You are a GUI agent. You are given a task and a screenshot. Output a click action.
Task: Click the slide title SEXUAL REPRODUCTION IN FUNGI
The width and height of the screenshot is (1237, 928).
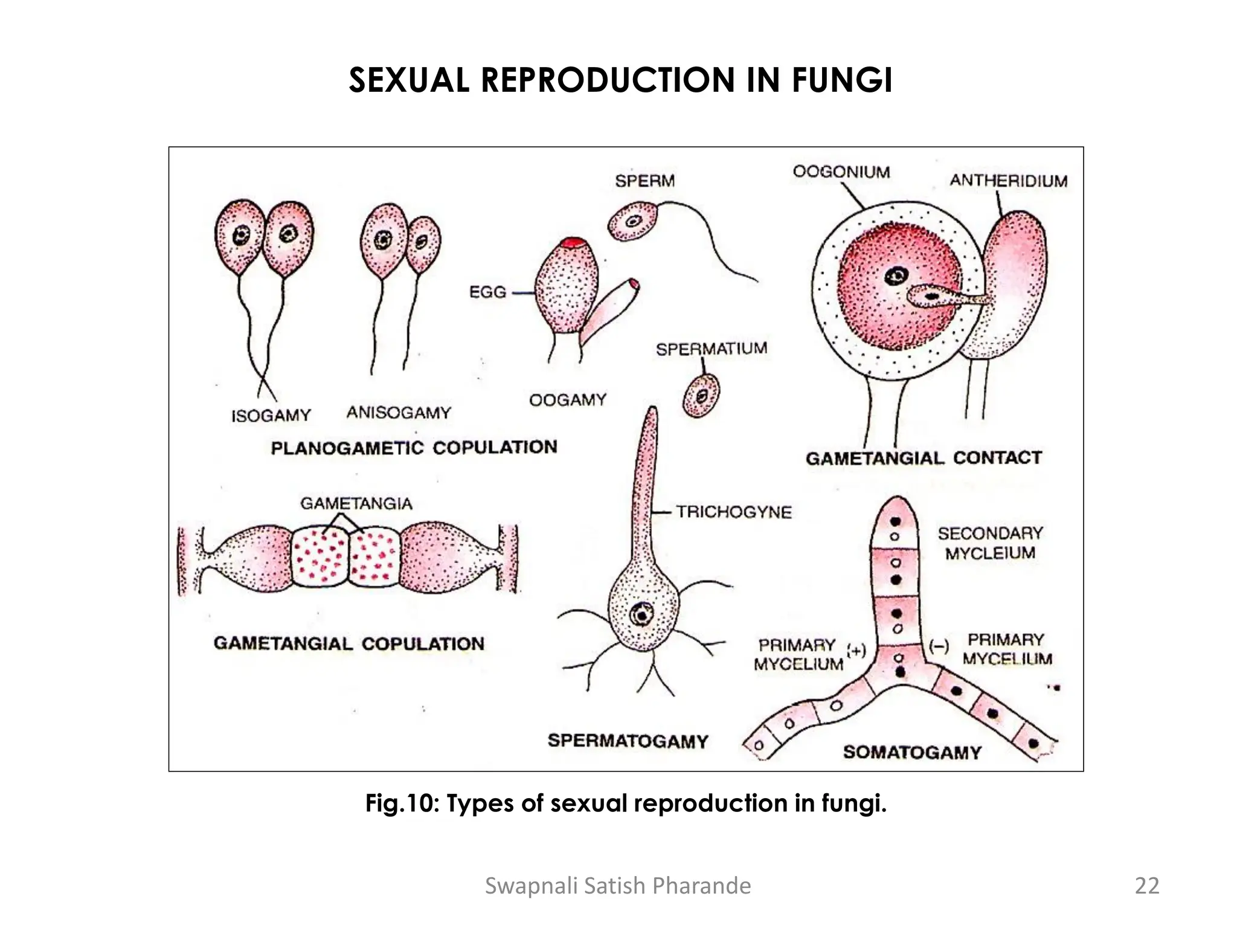(x=620, y=80)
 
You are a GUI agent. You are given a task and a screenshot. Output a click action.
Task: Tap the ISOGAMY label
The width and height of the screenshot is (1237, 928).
(x=271, y=416)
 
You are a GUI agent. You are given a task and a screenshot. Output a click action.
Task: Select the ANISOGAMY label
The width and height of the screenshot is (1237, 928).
(x=399, y=413)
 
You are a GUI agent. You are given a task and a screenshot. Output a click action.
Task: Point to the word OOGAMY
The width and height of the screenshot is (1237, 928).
(x=567, y=400)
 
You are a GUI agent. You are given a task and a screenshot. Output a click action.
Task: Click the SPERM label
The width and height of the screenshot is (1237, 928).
(x=644, y=181)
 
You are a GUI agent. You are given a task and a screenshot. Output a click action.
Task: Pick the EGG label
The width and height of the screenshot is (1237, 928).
(x=487, y=292)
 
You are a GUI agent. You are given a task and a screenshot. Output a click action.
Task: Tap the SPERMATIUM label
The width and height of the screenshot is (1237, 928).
(x=711, y=349)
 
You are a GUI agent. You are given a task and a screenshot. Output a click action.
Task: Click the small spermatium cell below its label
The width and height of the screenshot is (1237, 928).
(x=701, y=395)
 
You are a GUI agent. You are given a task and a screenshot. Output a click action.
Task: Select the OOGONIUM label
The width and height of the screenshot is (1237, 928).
(x=841, y=172)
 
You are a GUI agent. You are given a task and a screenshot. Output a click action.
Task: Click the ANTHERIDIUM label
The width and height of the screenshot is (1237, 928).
(x=1008, y=181)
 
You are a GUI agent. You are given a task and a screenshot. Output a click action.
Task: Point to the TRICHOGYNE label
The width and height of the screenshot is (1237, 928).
(x=733, y=512)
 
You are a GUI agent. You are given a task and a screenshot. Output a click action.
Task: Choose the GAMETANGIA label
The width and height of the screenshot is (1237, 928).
(x=356, y=503)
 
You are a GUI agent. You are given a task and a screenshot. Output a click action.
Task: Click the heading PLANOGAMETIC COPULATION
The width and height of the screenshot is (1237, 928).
(x=414, y=448)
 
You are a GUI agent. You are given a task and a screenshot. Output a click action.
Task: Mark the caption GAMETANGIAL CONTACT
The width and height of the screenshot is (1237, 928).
(x=924, y=458)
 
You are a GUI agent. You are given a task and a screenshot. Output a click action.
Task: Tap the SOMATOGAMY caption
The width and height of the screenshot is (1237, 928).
(x=912, y=752)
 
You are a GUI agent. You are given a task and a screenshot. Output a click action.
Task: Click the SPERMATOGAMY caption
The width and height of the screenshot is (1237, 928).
(x=628, y=741)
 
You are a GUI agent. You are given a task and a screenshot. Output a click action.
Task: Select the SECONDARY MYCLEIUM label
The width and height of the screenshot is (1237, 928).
(x=990, y=543)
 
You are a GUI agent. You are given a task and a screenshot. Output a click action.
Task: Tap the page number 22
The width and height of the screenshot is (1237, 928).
(x=1147, y=886)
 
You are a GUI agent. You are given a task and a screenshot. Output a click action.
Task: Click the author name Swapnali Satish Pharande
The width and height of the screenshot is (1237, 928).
(x=618, y=886)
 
